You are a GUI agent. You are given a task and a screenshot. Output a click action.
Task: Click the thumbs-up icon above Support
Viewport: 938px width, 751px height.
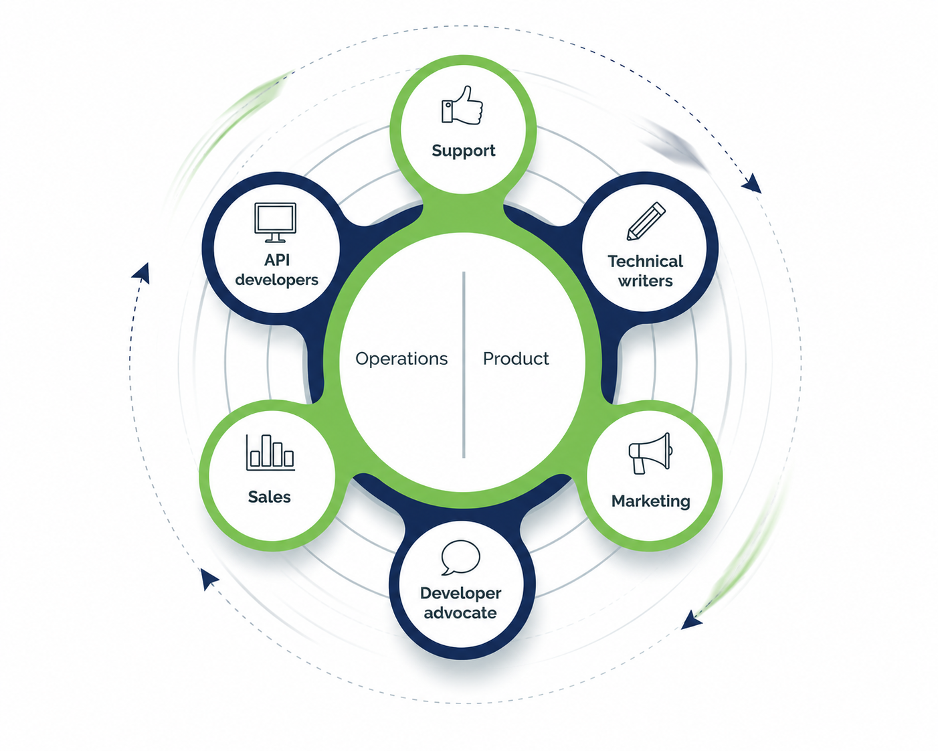tap(462, 105)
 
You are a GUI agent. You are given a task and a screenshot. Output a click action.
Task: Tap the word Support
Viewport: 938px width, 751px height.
tap(464, 151)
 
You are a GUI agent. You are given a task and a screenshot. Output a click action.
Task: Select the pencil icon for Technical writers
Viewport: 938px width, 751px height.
tap(646, 221)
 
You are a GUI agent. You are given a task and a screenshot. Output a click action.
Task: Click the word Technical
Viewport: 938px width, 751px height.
tap(645, 261)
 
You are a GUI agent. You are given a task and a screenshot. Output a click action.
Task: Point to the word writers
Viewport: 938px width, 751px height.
tap(645, 281)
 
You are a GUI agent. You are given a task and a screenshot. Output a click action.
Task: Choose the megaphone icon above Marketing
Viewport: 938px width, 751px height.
tap(650, 453)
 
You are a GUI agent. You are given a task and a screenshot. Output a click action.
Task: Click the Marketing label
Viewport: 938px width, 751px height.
tap(651, 501)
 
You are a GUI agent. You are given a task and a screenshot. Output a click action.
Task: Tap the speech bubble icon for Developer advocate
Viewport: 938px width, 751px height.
tap(461, 558)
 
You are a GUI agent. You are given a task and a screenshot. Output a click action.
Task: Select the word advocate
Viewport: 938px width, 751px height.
tap(460, 612)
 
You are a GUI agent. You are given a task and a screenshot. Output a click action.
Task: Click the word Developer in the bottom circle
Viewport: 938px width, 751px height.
tap(461, 594)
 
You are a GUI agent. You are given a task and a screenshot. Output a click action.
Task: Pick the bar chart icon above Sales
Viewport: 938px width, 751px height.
tap(270, 452)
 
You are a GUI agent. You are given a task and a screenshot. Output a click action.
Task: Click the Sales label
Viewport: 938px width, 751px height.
tap(270, 497)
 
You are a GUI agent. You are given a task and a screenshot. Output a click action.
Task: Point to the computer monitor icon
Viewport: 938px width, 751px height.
tap(276, 222)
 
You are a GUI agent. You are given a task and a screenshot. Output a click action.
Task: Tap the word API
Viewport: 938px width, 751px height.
tap(277, 260)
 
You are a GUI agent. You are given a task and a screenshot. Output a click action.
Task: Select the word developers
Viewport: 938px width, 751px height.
tap(277, 280)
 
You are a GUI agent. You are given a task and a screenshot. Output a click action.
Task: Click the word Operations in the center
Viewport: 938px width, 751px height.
tap(401, 359)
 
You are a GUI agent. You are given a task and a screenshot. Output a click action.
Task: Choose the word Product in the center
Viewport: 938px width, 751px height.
tap(516, 359)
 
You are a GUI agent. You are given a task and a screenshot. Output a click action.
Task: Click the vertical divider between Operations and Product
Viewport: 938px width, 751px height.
tap(464, 365)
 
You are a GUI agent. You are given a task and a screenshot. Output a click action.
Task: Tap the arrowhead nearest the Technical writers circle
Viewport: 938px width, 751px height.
tap(752, 183)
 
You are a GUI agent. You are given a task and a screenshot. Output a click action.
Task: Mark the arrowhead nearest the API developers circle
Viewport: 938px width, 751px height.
tap(142, 274)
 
